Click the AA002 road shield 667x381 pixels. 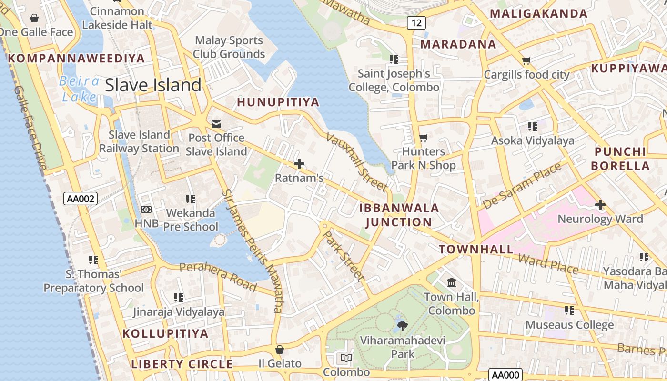[x=81, y=199]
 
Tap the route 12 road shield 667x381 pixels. [x=416, y=22]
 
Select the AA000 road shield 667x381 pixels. [x=505, y=375]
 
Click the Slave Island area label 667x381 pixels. [x=153, y=85]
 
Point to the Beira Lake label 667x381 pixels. [x=79, y=89]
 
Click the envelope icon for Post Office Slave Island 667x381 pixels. [x=216, y=124]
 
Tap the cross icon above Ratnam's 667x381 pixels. [x=299, y=164]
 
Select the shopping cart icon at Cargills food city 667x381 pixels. [x=526, y=60]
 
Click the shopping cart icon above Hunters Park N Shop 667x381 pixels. [x=423, y=138]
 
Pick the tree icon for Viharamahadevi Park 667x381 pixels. [x=403, y=326]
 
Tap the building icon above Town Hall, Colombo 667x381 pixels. [x=452, y=283]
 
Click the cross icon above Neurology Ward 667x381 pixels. [x=600, y=205]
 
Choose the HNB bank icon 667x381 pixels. [x=146, y=210]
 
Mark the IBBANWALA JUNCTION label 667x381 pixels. [x=399, y=215]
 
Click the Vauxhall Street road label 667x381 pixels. [x=356, y=162]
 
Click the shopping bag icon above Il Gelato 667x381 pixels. [x=280, y=350]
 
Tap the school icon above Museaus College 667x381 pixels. [x=569, y=311]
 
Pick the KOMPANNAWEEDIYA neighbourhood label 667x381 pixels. [x=76, y=59]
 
